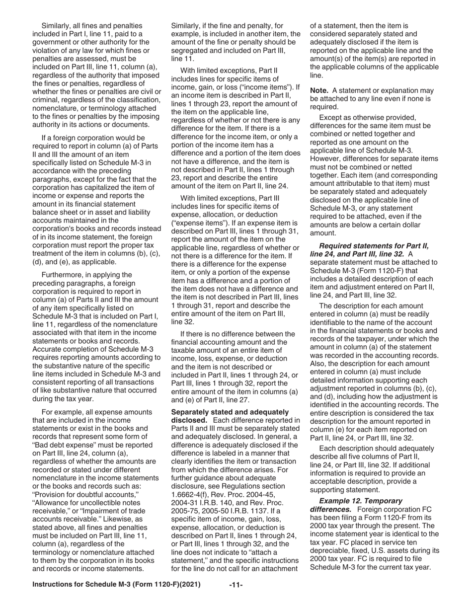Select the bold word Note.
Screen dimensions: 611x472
(x=320, y=90)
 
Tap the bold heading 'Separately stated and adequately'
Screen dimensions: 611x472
(x=230, y=412)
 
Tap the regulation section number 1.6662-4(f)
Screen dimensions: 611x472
(x=196, y=497)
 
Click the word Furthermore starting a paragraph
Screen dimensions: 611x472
(x=62, y=274)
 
